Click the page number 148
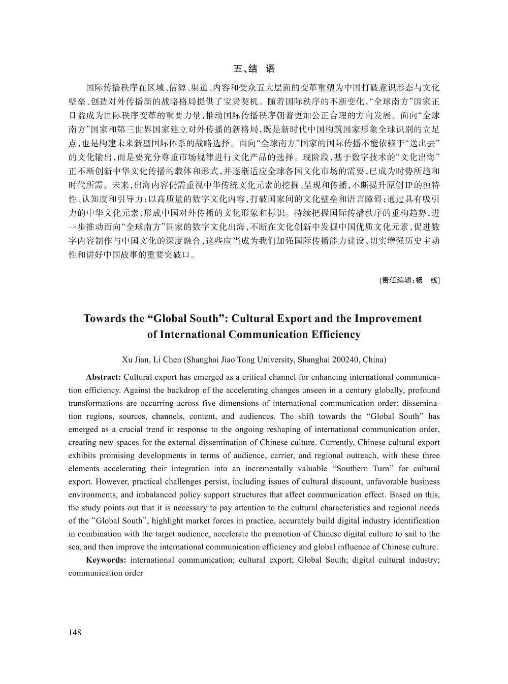point(75,632)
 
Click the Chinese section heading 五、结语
point(253,69)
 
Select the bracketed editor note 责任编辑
point(409,280)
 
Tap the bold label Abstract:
point(103,377)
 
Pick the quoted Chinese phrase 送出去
point(423,141)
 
